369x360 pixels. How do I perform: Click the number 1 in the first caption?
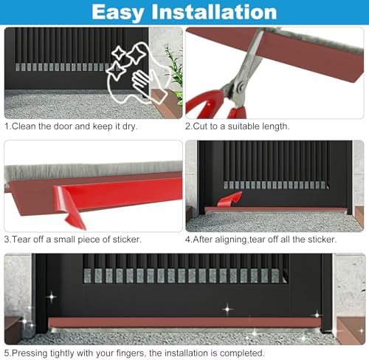pyautogui.click(x=7, y=126)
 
